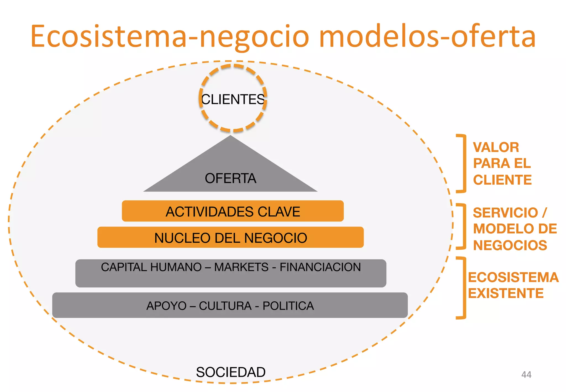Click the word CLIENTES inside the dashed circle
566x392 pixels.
[x=233, y=100]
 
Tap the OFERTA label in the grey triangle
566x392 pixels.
[x=230, y=178]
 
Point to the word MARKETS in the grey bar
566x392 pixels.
[x=241, y=267]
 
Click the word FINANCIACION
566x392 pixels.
[x=320, y=267]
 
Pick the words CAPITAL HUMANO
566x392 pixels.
[x=151, y=267]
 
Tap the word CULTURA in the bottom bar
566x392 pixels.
[x=225, y=306]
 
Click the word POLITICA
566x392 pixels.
[x=288, y=306]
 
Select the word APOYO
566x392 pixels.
[x=166, y=306]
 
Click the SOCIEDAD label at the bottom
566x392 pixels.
[x=230, y=372]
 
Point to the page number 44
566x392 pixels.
[x=526, y=375]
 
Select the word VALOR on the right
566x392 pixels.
[x=496, y=147]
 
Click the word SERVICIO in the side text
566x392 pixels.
[x=505, y=213]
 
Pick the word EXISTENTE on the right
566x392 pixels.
[x=506, y=293]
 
